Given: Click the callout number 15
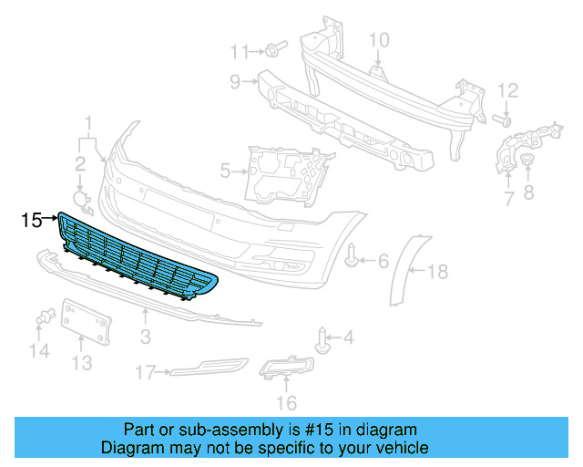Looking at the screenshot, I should tap(31, 220).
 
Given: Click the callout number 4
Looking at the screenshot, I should tap(348, 337).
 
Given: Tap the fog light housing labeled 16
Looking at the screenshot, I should tap(288, 369).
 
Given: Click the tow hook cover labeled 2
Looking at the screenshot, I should tap(81, 201).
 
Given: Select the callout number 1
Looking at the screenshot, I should tap(89, 123).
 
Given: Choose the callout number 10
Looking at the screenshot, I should tap(378, 39).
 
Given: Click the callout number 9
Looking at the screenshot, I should tap(235, 83).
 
